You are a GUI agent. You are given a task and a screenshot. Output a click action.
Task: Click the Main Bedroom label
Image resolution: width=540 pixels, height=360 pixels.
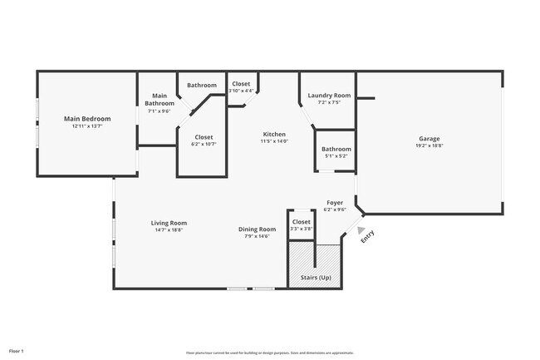tap(87, 119)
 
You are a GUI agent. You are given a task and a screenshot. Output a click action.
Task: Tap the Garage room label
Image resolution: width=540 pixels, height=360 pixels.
tap(429, 138)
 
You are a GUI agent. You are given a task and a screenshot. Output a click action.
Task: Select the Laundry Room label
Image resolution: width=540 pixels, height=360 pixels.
tap(330, 96)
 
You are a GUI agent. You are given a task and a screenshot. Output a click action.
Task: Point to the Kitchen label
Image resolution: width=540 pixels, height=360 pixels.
tap(274, 134)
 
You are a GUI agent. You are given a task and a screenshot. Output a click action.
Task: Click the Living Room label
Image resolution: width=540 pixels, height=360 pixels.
tap(169, 222)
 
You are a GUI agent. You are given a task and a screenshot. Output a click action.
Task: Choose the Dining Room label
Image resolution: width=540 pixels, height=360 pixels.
tap(258, 229)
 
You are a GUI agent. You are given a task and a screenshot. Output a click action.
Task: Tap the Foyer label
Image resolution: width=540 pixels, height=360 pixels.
tap(335, 202)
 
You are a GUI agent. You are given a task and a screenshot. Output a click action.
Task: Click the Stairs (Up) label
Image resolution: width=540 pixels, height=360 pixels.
tap(315, 277)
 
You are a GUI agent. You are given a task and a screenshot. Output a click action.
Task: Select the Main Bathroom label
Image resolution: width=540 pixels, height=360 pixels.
tap(159, 100)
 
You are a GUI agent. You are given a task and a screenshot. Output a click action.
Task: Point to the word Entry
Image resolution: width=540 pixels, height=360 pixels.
tap(367, 236)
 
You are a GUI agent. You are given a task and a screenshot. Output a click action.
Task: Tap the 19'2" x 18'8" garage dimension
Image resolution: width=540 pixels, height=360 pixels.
tap(429, 145)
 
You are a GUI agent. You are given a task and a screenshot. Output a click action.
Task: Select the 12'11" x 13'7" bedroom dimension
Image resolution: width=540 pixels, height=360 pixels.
tap(87, 126)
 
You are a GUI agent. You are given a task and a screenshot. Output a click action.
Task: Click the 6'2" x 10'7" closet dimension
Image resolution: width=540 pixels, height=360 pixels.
tap(204, 144)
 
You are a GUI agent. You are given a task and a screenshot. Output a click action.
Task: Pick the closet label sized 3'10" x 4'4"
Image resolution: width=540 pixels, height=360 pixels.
tap(241, 91)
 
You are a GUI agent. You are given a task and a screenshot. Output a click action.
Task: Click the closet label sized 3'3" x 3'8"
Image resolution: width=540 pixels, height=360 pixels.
tap(301, 229)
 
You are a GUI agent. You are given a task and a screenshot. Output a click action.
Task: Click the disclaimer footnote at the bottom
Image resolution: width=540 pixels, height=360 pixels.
tap(269, 353)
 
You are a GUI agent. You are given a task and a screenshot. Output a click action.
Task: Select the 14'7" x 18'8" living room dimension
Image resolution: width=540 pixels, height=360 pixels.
tap(169, 230)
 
